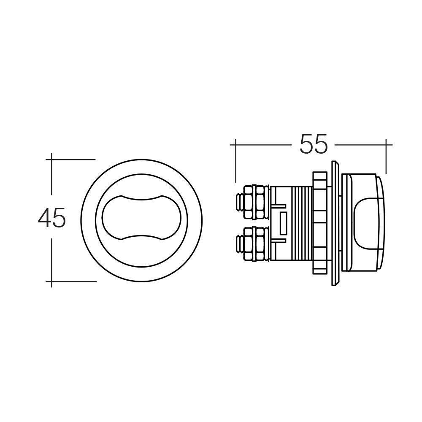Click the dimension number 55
coord(313,145)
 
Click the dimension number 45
coord(51,219)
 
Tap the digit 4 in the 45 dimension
coord(44,219)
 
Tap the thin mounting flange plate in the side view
coord(335,224)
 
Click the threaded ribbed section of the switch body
coord(300,224)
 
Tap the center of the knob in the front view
coord(141,219)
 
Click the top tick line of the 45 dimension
coord(72,160)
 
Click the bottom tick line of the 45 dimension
coord(72,281)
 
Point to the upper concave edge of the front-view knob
coord(141,198)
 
